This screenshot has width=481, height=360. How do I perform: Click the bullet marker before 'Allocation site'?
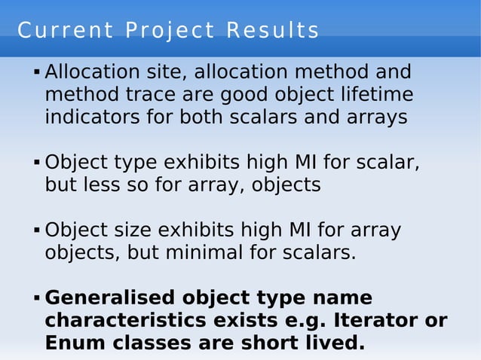(x=36, y=74)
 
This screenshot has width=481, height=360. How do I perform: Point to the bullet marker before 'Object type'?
(x=36, y=163)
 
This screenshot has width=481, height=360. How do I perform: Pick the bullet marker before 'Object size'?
(x=36, y=230)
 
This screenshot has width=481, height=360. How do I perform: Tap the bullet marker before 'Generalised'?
(x=36, y=298)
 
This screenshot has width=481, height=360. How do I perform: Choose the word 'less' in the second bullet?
(x=104, y=185)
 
